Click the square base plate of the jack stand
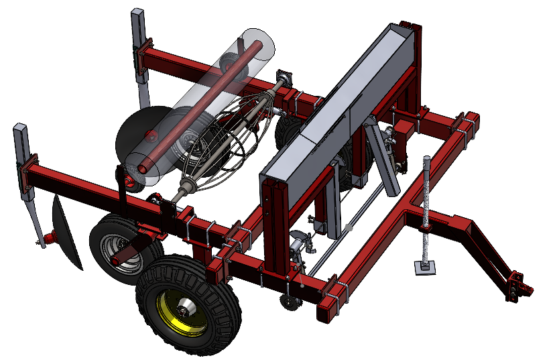pos(424,268)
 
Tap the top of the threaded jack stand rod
pos(426,160)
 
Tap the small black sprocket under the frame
pos(290,303)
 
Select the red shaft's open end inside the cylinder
pos(257,46)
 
